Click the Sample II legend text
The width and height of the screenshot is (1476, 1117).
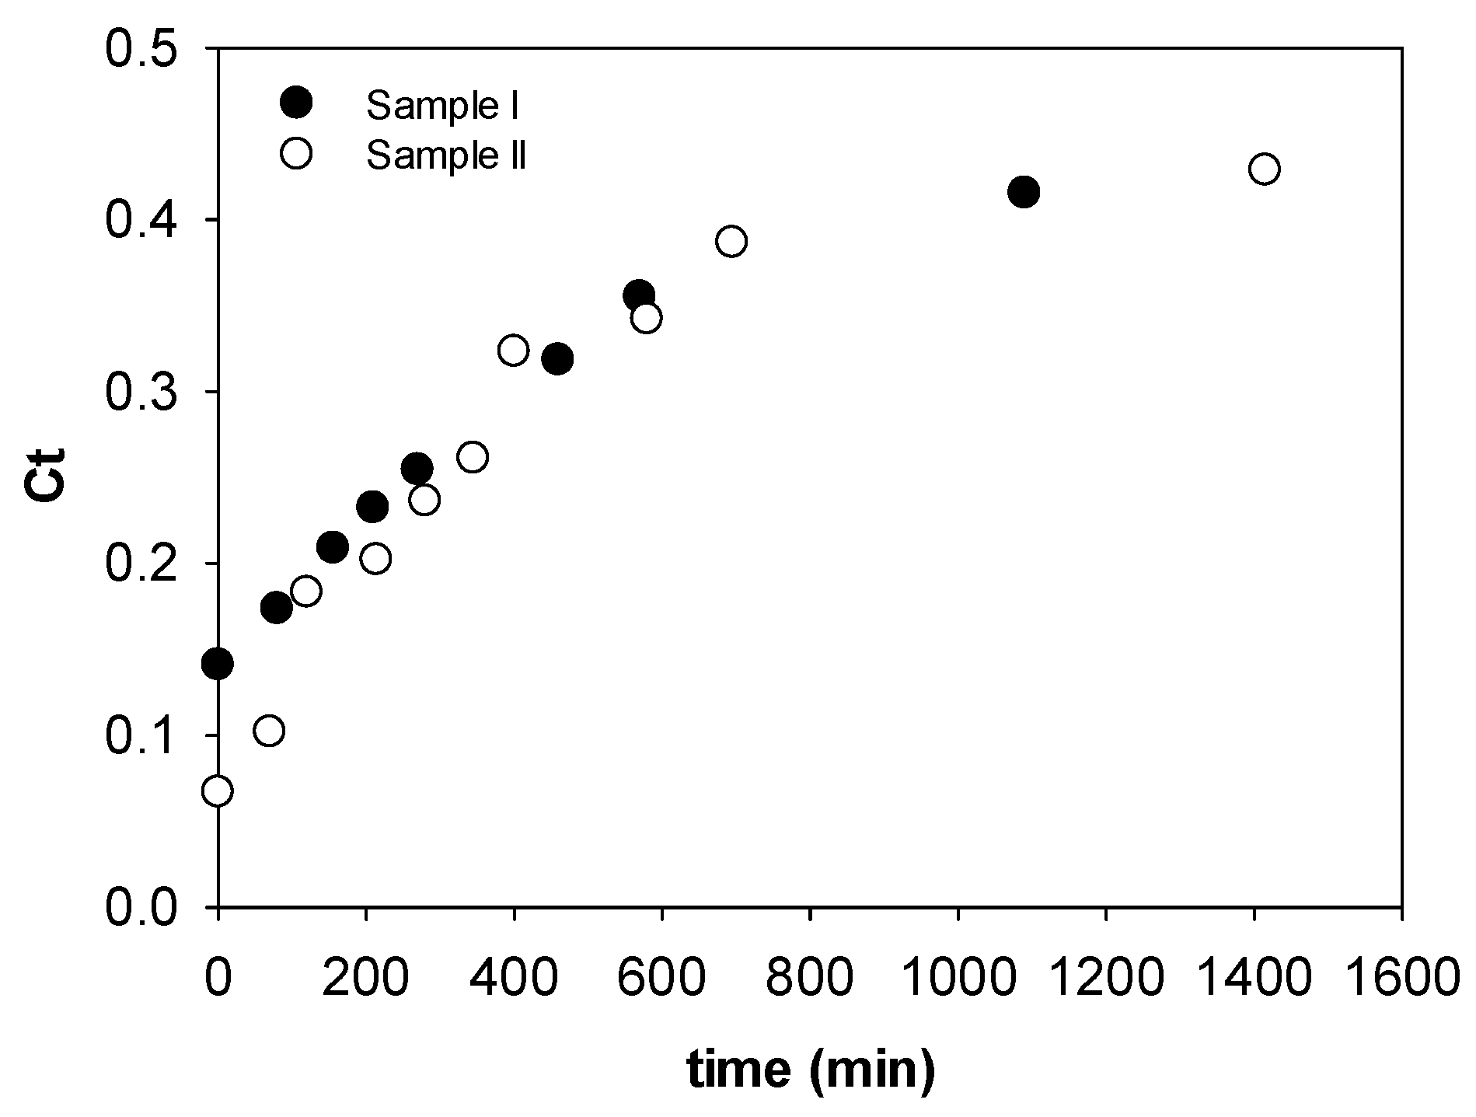click(x=446, y=155)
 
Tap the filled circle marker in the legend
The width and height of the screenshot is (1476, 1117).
click(x=296, y=102)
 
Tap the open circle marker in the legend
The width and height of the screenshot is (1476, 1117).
click(x=296, y=153)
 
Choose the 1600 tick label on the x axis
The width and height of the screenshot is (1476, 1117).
click(x=1401, y=978)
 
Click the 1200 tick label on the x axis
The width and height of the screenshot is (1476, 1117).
click(x=1104, y=978)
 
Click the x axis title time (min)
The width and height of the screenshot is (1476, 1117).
click(x=811, y=1070)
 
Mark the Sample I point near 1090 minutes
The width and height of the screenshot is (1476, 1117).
click(x=1024, y=191)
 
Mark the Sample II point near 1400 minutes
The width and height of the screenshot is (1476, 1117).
click(x=1265, y=169)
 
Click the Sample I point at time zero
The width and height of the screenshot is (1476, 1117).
click(x=218, y=663)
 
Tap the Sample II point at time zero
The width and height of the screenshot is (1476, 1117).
click(x=218, y=791)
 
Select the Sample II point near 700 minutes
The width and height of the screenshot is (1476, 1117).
click(x=731, y=241)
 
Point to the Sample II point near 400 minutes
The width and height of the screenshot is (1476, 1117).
click(x=513, y=350)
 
